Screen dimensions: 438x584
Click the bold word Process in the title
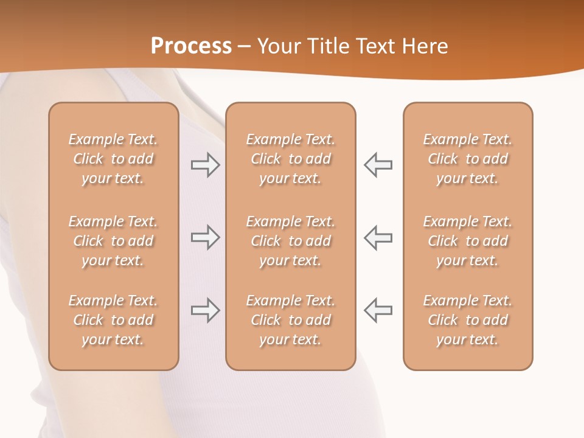pyautogui.click(x=191, y=46)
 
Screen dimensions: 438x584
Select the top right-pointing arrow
pyautogui.click(x=205, y=165)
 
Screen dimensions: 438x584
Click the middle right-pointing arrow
pyautogui.click(x=205, y=237)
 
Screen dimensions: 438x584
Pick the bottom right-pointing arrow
pyautogui.click(x=205, y=310)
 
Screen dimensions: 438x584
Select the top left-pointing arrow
pyautogui.click(x=378, y=165)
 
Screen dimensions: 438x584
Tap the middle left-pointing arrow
pyautogui.click(x=378, y=237)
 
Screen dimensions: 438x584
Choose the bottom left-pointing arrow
pyautogui.click(x=378, y=310)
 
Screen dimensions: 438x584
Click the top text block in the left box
pyautogui.click(x=113, y=159)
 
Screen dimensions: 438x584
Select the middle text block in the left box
pyautogui.click(x=113, y=241)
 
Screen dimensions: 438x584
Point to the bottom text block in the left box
pyautogui.click(x=113, y=320)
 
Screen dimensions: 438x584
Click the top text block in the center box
pyautogui.click(x=290, y=159)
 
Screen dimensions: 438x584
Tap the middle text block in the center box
pyautogui.click(x=290, y=241)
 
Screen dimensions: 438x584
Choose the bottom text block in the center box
pyautogui.click(x=290, y=320)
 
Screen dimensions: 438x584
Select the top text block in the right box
pyautogui.click(x=467, y=159)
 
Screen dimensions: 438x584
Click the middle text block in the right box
pyautogui.click(x=467, y=241)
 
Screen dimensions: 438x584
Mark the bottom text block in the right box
pyautogui.click(x=467, y=320)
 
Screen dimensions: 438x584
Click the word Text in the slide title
pyautogui.click(x=375, y=46)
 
